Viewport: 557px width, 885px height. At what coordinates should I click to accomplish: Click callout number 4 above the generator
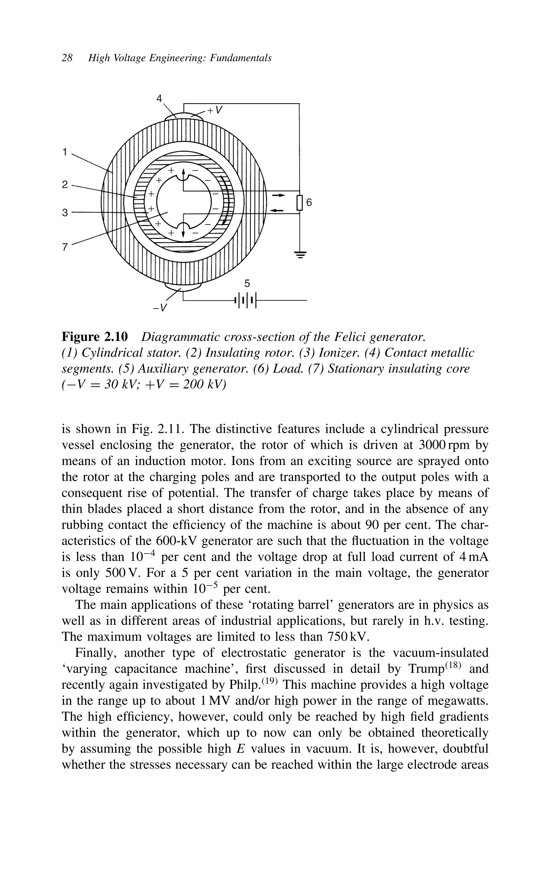pos(159,99)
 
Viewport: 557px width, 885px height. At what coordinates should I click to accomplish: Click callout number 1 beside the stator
pos(65,152)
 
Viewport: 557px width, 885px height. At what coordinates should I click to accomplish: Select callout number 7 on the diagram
pos(65,247)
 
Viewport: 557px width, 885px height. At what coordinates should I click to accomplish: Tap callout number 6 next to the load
pos(309,202)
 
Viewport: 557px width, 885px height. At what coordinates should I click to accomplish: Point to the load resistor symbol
pos(299,202)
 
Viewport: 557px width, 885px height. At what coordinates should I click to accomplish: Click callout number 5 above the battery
pos(247,283)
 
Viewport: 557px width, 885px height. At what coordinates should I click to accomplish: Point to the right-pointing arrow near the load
pos(278,195)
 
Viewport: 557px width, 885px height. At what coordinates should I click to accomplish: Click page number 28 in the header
pos(67,58)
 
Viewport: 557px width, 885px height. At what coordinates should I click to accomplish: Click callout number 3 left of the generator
pos(65,213)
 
